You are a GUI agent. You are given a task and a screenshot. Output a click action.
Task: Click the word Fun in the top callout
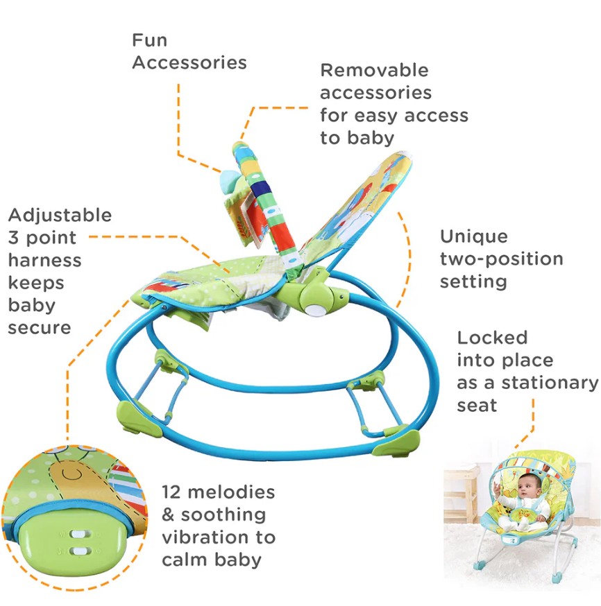tap(150, 40)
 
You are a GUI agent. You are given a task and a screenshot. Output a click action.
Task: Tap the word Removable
tap(374, 70)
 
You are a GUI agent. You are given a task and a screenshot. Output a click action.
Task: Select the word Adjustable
tap(60, 216)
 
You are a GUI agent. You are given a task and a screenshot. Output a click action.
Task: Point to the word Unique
tap(474, 236)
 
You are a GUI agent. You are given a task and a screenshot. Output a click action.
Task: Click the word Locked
tap(492, 338)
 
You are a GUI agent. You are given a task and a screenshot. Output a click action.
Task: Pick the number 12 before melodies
tap(171, 492)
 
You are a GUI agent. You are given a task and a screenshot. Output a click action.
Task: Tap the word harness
tap(45, 260)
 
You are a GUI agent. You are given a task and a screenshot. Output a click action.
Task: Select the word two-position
tap(502, 259)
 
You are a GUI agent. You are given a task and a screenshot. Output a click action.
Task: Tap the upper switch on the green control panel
tap(79, 535)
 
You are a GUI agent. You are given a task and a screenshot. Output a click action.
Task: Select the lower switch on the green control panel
tap(81, 551)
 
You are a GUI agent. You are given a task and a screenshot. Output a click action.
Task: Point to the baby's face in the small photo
tap(526, 486)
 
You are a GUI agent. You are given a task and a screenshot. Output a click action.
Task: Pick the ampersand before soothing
tap(168, 514)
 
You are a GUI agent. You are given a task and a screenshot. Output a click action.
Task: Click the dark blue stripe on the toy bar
tap(261, 191)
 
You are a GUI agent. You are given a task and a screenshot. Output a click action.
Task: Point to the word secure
tap(40, 329)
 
